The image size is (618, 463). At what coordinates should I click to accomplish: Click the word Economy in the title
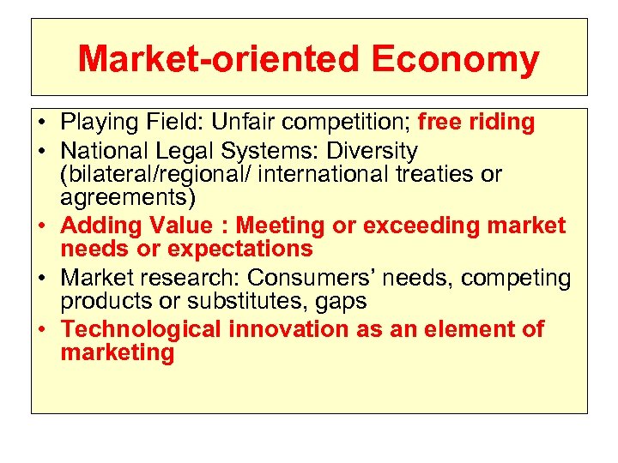pyautogui.click(x=456, y=60)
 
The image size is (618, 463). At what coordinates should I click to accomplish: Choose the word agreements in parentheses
pyautogui.click(x=125, y=197)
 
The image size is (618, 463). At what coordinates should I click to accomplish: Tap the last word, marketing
pyautogui.click(x=118, y=352)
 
